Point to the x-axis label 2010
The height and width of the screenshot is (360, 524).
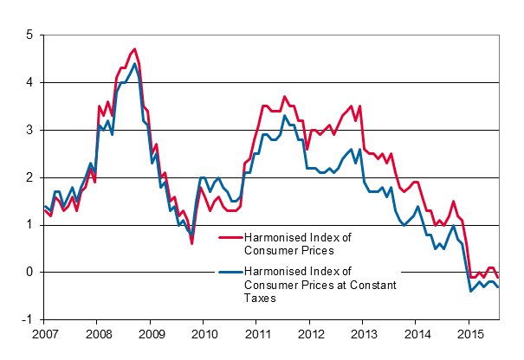coord(204,334)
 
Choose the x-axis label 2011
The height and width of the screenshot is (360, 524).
coord(256,334)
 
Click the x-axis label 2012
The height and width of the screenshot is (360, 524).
coord(310,334)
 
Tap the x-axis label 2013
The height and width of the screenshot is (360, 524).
coord(363,334)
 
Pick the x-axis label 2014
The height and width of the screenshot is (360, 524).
coord(417,334)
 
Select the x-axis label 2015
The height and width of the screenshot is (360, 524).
coord(469,334)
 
